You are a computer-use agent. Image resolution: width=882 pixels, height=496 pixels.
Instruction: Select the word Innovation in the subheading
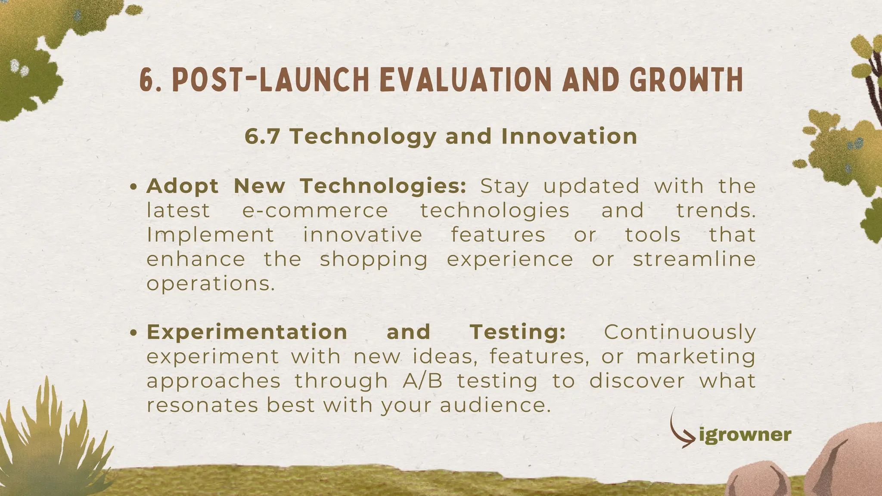569,136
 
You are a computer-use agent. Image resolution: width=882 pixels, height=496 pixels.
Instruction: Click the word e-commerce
315,211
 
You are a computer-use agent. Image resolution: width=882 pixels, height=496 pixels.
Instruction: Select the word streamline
694,260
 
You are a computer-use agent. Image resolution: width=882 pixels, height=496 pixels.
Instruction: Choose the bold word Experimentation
247,332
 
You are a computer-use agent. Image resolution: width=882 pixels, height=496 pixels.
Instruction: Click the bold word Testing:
517,332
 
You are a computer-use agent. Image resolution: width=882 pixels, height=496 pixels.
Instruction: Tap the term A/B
422,381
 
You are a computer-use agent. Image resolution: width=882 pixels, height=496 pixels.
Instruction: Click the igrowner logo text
745,435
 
